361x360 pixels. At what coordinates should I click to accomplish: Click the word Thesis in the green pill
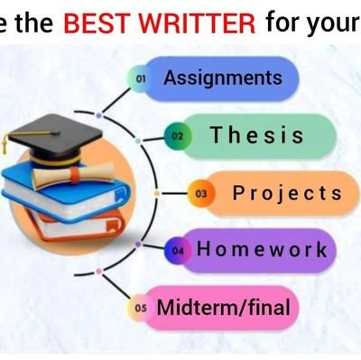tap(257, 135)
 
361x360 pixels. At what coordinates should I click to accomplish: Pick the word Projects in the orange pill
tap(287, 192)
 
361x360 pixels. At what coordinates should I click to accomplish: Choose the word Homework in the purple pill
tap(262, 248)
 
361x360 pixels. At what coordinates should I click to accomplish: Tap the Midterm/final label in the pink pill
tap(224, 307)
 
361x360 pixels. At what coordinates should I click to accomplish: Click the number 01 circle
tap(141, 79)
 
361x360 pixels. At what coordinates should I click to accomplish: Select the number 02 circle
tap(178, 136)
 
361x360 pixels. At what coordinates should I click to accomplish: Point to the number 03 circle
tap(200, 193)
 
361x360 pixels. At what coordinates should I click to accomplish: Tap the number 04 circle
tap(178, 250)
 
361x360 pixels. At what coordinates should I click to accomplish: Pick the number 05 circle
tap(140, 308)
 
